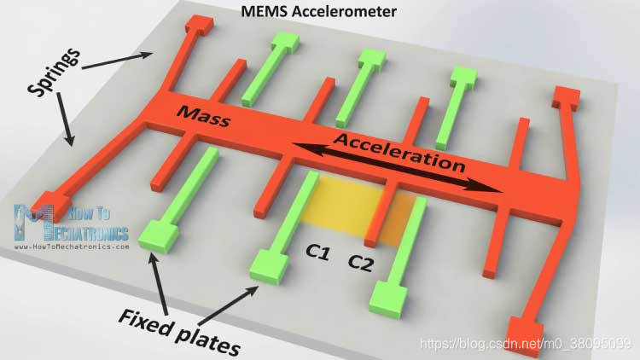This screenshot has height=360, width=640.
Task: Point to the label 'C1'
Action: (319, 253)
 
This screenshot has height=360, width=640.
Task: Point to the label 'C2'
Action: (361, 261)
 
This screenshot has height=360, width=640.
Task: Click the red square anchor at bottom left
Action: (44, 218)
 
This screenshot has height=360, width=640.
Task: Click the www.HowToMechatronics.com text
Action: (73, 247)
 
